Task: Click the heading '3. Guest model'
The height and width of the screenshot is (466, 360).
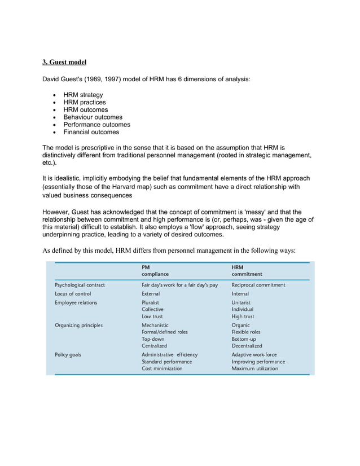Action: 65,61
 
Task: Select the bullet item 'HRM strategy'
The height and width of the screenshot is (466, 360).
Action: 83,95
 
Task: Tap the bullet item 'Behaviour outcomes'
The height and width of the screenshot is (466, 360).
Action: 93,117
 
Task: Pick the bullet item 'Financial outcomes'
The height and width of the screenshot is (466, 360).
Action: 91,132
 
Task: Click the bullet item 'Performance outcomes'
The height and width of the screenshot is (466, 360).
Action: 96,125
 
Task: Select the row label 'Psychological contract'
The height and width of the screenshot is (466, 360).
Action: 80,285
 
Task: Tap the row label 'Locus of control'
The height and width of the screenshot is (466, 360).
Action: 73,294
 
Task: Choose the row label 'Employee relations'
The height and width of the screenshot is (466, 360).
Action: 76,303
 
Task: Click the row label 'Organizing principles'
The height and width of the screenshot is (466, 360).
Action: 78,326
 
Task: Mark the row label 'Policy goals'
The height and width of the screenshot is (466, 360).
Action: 68,355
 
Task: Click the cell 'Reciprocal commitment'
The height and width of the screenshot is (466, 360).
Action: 258,285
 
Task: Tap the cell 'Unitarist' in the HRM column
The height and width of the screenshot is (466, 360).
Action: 243,303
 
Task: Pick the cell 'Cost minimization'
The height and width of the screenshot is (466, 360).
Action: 162,368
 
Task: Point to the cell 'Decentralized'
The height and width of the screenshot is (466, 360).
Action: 247,346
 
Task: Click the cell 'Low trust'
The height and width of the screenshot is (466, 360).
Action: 152,316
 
